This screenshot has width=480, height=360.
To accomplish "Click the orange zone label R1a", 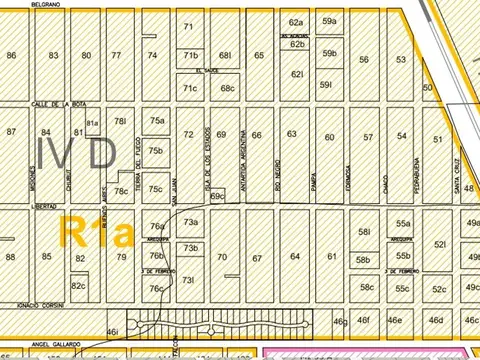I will (96, 234).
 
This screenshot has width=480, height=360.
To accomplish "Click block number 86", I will (11, 56).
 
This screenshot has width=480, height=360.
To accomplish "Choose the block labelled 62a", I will (296, 22).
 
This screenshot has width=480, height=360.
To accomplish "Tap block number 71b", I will (191, 55).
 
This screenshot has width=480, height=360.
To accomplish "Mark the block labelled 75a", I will (157, 121).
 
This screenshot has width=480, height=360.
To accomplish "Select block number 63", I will (292, 133).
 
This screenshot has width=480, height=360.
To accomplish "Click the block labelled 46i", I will (112, 330).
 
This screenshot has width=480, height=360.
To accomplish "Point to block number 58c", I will (367, 288).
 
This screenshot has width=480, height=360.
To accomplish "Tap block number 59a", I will (329, 20).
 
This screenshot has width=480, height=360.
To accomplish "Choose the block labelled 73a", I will (191, 222).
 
